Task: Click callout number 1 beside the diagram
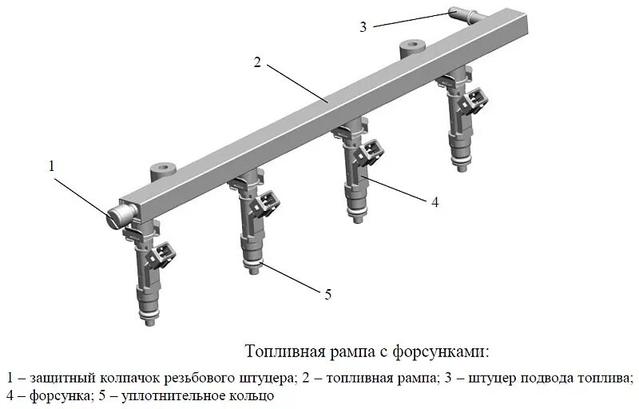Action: (52, 167)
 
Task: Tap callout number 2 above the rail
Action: (257, 62)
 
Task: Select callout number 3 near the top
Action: (363, 26)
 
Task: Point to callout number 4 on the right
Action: (435, 202)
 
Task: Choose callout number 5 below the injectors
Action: (327, 295)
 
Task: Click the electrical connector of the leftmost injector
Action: (165, 254)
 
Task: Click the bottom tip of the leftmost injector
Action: (149, 322)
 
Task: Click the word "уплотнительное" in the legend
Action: (166, 395)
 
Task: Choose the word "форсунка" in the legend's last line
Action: (53, 395)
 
